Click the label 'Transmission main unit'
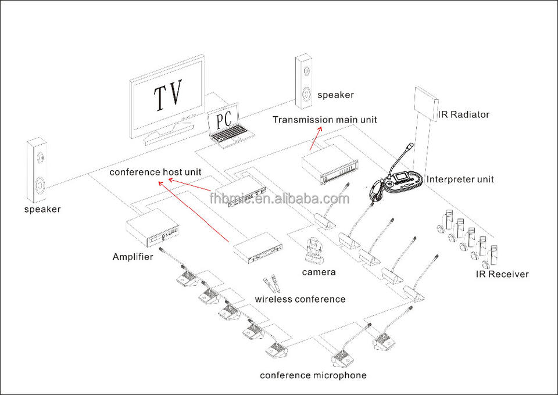(325, 120)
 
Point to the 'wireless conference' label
(300, 299)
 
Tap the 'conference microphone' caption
(313, 375)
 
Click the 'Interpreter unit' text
(460, 179)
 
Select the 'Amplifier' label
(133, 256)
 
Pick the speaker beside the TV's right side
(304, 81)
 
